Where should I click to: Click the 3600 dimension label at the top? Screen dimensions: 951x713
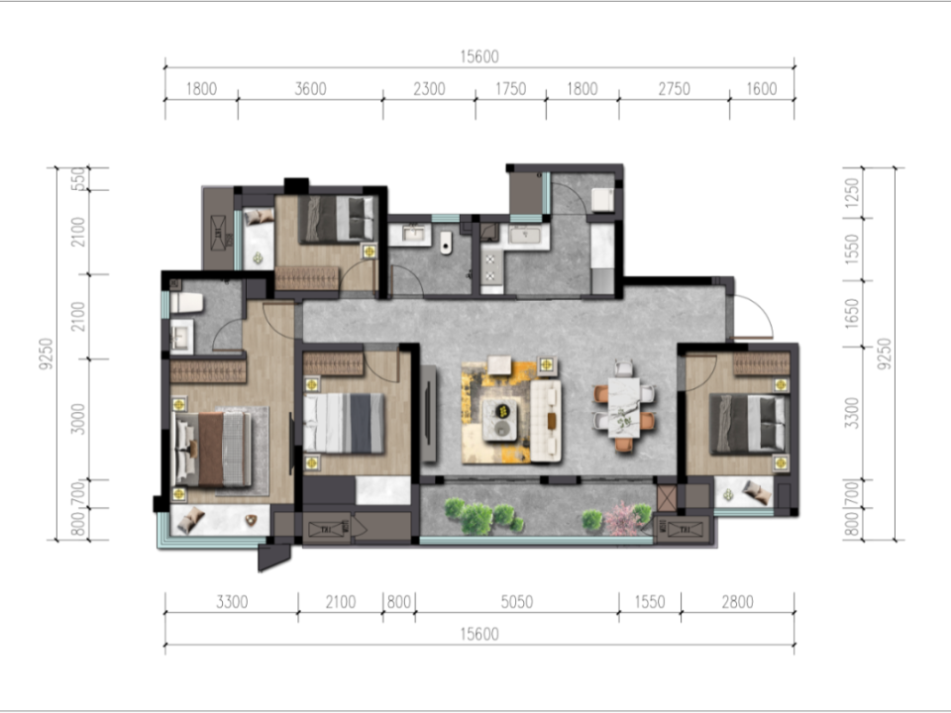[x=310, y=89]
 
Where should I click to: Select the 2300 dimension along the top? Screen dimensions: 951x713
[x=429, y=89]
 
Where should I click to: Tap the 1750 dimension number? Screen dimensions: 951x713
[x=511, y=89]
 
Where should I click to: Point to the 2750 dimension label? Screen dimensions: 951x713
[x=675, y=89]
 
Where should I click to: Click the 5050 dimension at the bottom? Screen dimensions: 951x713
[x=517, y=602]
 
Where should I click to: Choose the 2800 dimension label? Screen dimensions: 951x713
[x=737, y=602]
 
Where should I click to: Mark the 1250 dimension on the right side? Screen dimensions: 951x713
[x=852, y=192]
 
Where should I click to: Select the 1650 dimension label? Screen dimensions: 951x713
[x=852, y=314]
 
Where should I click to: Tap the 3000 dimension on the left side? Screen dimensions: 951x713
[x=77, y=419]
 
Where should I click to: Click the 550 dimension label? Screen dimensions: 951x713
[x=77, y=179]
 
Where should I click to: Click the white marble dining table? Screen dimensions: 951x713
[x=623, y=407]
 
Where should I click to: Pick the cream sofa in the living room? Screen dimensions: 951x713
[x=545, y=420]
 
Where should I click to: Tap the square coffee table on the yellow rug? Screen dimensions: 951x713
[x=499, y=419]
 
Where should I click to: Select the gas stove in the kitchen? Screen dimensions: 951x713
[x=490, y=267]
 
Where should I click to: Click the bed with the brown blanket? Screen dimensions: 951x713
[x=212, y=450]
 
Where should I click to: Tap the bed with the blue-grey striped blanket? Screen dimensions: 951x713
[x=344, y=423]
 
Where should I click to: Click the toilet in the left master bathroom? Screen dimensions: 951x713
[x=185, y=303]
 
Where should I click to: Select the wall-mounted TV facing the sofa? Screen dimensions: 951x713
[x=429, y=414]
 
